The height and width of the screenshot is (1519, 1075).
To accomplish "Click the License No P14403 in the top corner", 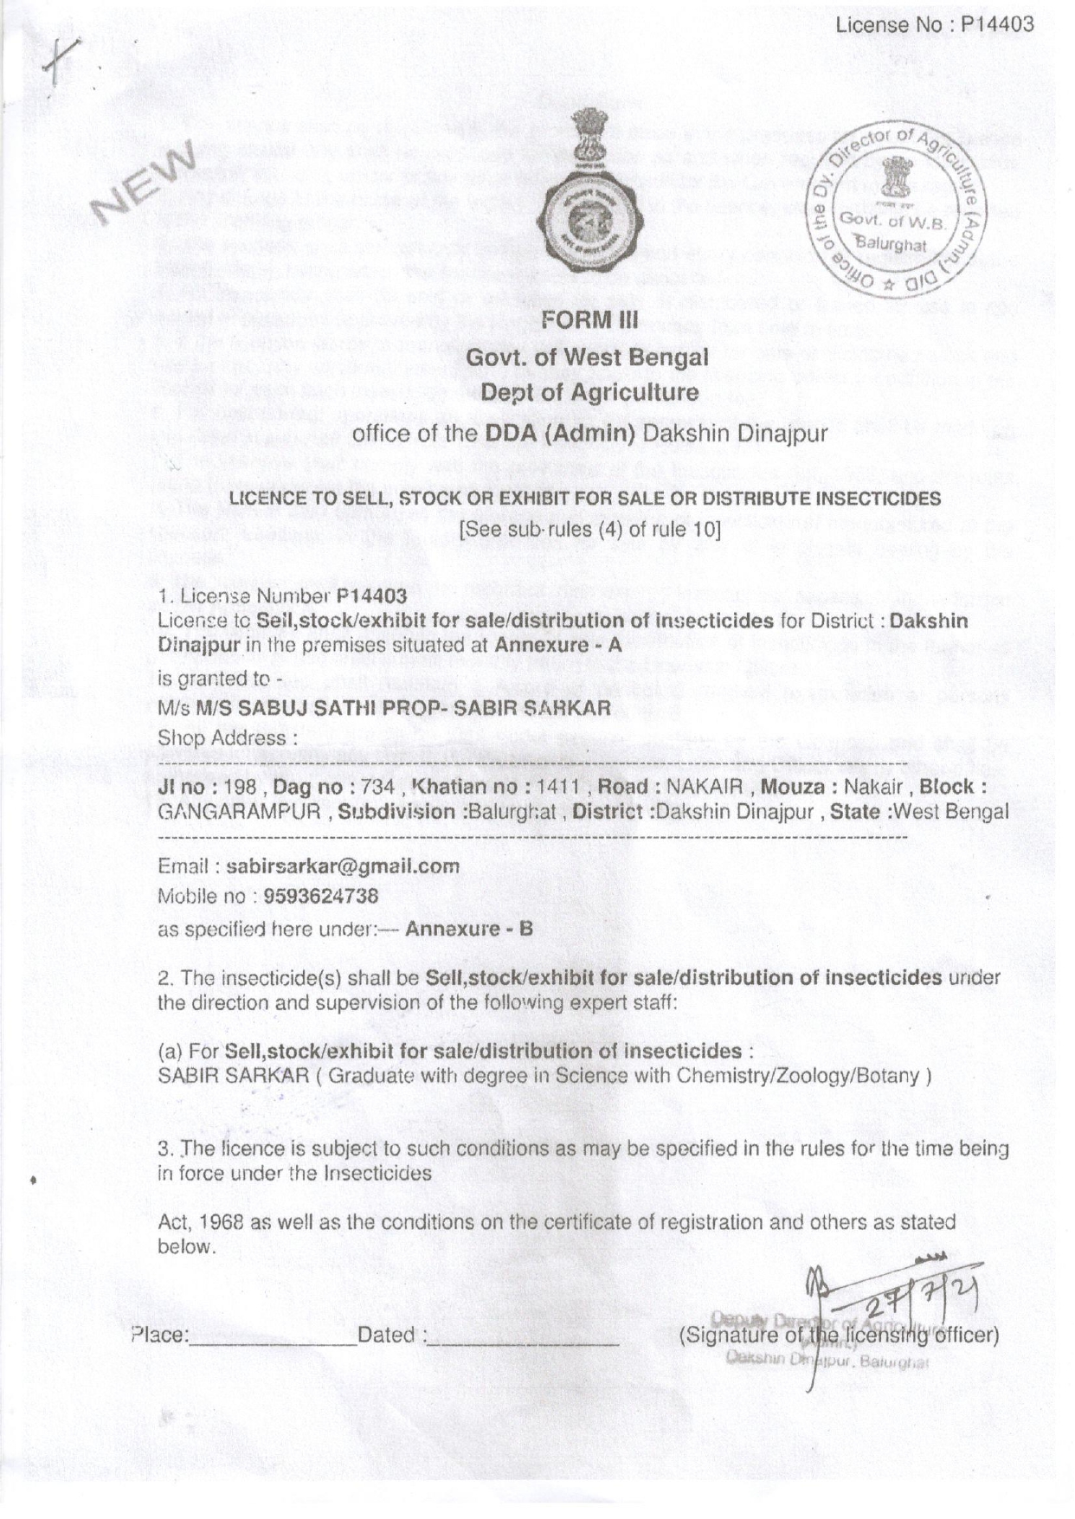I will tap(935, 25).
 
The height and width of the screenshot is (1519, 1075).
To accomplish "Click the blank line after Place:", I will tap(272, 1338).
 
